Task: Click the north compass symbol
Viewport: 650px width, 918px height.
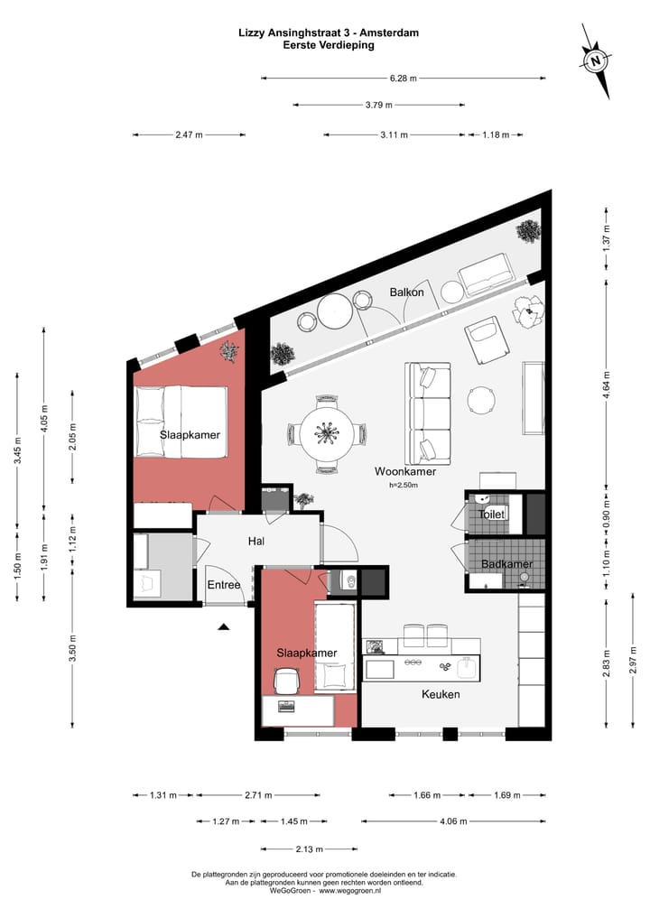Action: pos(596,61)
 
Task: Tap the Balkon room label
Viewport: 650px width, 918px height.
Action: pos(407,292)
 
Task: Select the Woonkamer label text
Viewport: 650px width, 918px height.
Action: pos(405,471)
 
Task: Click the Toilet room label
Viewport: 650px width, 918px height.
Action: pos(491,514)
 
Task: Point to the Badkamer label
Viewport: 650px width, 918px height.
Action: pos(506,565)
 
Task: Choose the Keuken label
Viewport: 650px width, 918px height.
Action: pos(441,694)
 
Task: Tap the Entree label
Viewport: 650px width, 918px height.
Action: pos(224,585)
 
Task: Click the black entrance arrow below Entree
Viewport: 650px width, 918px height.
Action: pos(224,625)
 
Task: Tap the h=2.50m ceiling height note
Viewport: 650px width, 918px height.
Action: pos(405,486)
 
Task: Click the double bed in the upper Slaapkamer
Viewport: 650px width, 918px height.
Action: pos(179,422)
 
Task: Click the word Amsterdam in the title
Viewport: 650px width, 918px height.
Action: pos(389,32)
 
